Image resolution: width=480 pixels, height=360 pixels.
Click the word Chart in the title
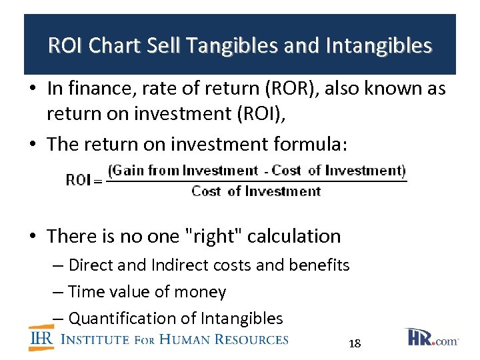[113, 46]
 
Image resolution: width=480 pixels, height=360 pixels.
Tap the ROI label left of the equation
[79, 181]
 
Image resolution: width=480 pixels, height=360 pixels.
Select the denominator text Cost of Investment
[256, 192]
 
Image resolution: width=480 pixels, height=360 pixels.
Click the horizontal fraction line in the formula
[257, 181]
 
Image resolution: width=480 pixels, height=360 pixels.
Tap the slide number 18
[355, 344]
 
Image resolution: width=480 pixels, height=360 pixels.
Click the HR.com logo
[431, 337]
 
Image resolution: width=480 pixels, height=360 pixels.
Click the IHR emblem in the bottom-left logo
[41, 338]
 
